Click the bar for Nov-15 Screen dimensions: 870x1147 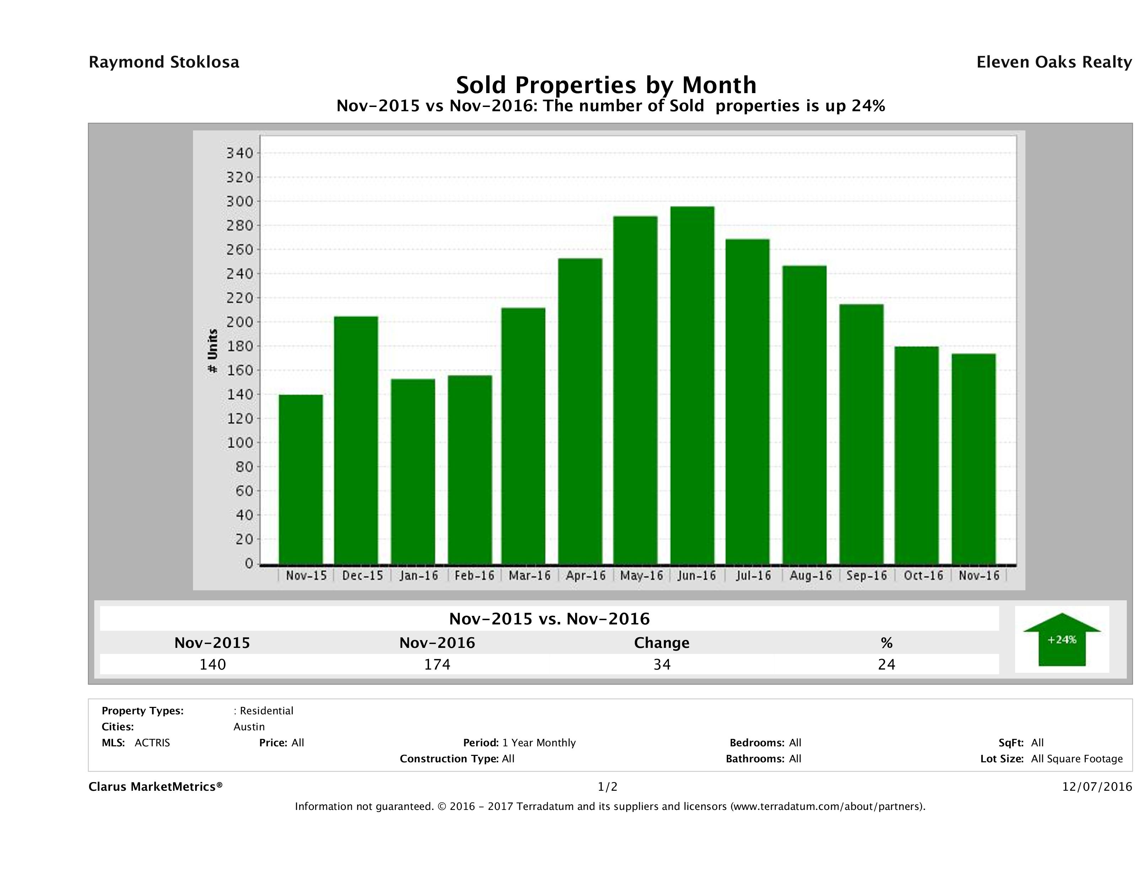(301, 479)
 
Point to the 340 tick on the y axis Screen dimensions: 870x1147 (240, 154)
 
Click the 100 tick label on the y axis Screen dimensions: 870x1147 (240, 443)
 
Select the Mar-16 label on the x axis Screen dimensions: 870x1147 (529, 575)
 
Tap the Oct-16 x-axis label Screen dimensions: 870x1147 (923, 575)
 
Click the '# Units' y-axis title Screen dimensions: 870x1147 (212, 351)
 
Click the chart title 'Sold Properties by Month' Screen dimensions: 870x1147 (606, 85)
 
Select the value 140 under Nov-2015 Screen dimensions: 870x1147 (213, 664)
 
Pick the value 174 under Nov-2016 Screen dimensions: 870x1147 (437, 664)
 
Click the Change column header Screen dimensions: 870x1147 (662, 643)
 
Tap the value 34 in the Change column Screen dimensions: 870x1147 (662, 664)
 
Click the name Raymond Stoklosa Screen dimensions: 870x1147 (164, 62)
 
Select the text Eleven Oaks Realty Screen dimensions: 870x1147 (1054, 62)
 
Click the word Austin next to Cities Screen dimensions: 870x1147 (249, 727)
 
